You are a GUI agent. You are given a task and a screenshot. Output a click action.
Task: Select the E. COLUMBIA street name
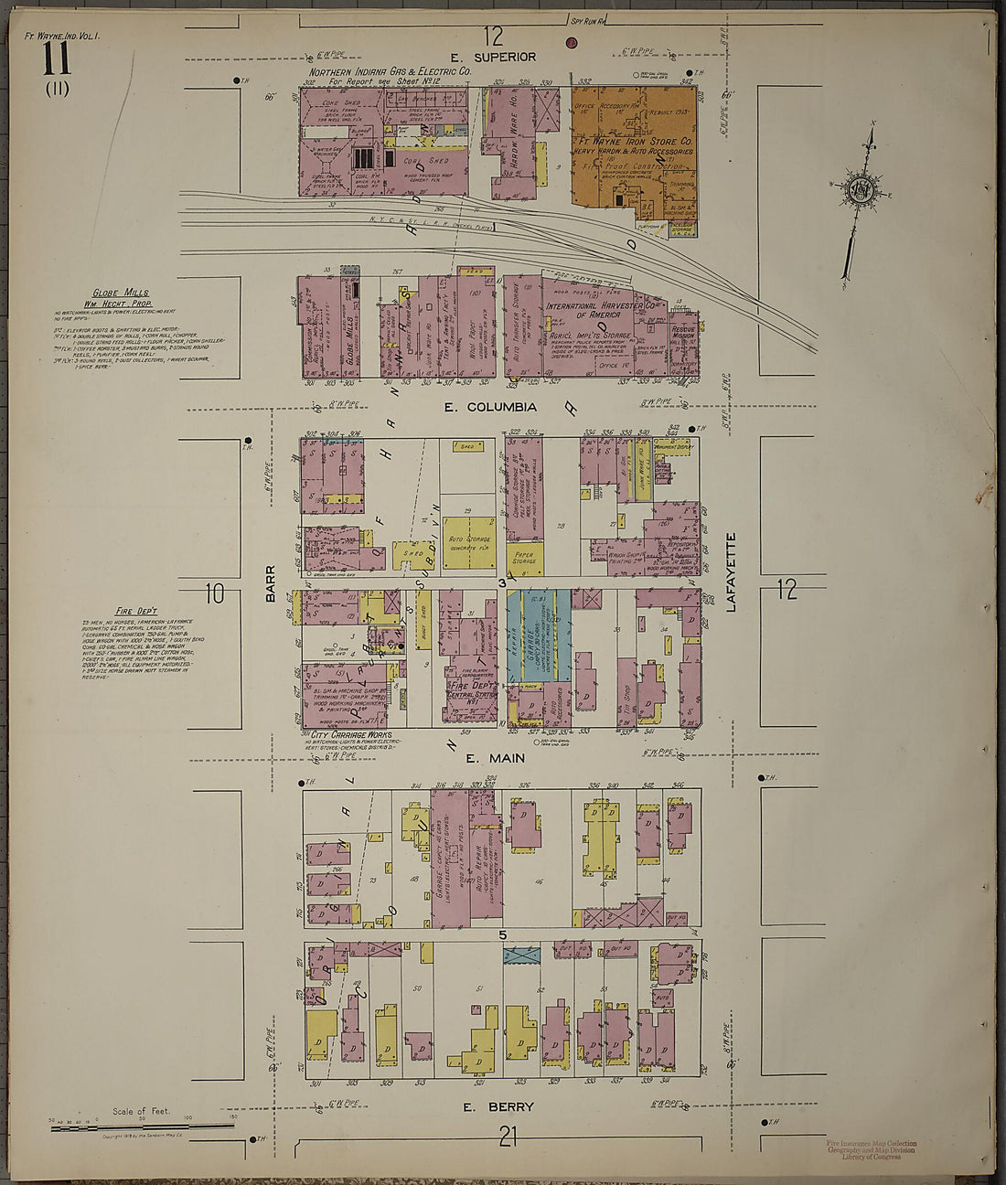[489, 407]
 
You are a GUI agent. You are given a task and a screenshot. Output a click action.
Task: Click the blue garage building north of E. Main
[539, 636]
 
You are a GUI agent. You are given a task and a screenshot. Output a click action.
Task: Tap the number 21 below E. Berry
[508, 1137]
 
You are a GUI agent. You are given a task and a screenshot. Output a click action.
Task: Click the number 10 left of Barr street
[215, 593]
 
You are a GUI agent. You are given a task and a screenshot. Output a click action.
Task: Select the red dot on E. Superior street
[572, 42]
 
